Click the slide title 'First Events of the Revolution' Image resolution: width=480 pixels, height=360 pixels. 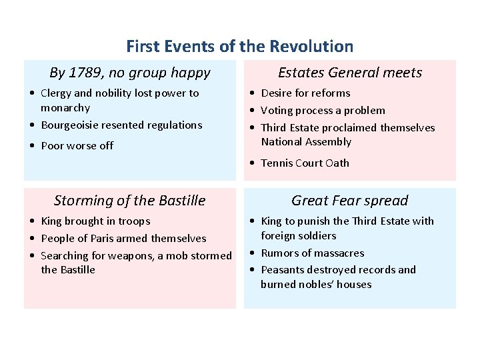239,47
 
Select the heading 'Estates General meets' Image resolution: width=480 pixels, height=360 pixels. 349,73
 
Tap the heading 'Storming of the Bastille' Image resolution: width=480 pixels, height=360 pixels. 129,201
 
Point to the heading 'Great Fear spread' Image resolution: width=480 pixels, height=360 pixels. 349,201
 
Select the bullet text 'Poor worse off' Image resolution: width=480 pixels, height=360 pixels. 77,146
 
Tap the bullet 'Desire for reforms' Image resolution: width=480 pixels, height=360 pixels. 305,93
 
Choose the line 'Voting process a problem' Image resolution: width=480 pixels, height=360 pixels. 323,111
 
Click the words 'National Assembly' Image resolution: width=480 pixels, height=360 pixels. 306,142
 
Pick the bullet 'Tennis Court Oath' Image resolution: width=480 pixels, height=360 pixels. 305,163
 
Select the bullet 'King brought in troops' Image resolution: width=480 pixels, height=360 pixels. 95,221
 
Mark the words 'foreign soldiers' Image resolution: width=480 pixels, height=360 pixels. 298,236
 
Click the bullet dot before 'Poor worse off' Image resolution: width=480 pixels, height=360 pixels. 33,147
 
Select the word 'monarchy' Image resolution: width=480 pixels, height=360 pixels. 65,108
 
